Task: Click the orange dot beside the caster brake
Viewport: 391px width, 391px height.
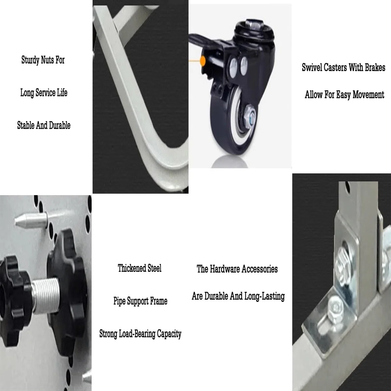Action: [203, 61]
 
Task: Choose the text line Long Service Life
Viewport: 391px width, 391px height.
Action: [44, 93]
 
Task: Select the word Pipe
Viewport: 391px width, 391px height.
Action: [119, 301]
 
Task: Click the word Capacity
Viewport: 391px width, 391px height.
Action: [169, 334]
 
